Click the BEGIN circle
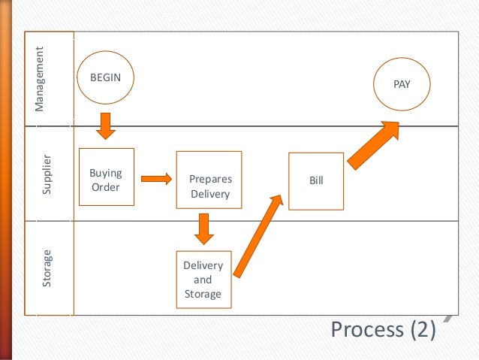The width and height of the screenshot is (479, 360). (105, 77)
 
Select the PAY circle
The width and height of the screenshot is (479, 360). (402, 85)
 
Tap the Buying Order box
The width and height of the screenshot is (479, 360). (106, 177)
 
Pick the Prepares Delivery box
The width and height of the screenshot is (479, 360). (209, 180)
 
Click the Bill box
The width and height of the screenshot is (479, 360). (316, 180)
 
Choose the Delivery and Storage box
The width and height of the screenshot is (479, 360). (203, 279)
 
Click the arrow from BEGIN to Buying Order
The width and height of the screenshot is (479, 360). (106, 126)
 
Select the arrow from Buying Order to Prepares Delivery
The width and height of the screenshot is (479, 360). (156, 178)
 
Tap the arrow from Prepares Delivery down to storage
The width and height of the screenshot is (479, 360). (201, 228)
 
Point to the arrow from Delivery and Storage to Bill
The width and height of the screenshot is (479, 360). (258, 234)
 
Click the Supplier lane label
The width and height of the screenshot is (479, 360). (47, 175)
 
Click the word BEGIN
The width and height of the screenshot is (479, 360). (105, 77)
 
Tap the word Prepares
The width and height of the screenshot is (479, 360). (211, 180)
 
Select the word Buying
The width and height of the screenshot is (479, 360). (106, 172)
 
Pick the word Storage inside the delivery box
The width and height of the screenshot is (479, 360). (203, 293)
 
